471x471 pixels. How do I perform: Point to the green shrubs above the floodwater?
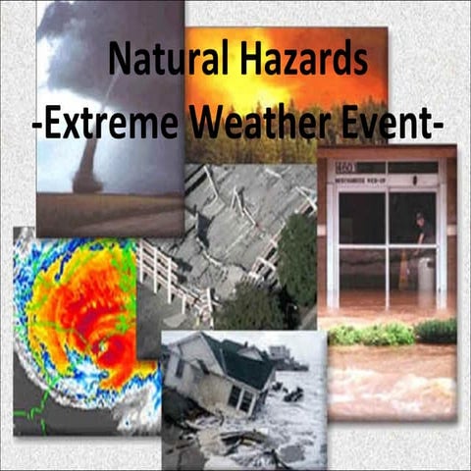[392, 334]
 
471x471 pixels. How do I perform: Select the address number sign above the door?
[342, 168]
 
